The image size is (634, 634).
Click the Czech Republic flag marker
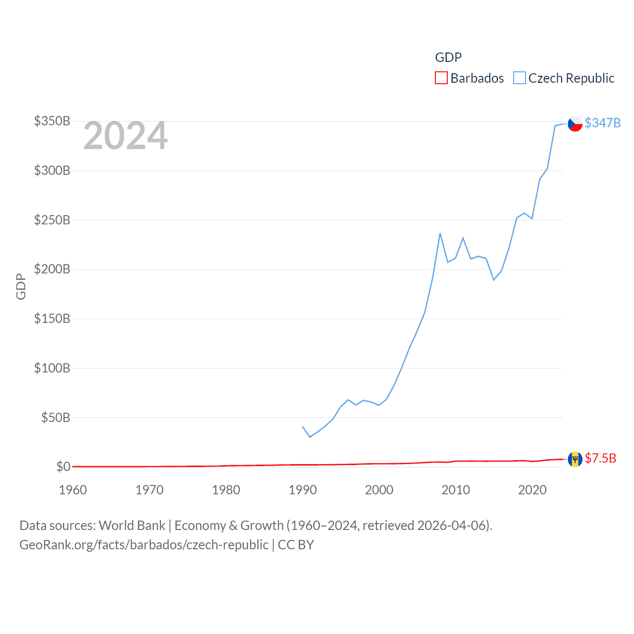coord(575,124)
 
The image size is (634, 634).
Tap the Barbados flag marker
coord(575,459)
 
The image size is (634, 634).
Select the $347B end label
coord(602,123)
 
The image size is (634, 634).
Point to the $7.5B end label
coord(600,458)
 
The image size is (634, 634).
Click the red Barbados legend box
coord(441,78)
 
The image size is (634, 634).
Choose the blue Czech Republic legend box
coord(519,78)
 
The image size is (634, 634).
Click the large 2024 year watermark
coord(125,136)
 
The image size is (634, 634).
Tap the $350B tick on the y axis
coord(52,121)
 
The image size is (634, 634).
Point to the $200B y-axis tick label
coord(52,269)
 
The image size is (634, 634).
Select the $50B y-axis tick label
coord(55,418)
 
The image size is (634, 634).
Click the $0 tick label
coord(63,467)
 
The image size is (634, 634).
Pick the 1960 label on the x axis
coord(73,490)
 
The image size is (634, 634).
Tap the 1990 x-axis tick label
coord(303,490)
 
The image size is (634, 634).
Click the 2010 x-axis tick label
coord(456,490)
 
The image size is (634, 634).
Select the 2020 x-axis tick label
coord(532,490)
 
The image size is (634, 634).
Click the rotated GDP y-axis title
coord(21,286)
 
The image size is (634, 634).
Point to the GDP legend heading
coord(448,57)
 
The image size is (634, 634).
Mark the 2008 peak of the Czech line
coord(440,233)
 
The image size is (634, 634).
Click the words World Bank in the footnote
coord(132,525)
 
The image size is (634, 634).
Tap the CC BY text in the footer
coord(296,545)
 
